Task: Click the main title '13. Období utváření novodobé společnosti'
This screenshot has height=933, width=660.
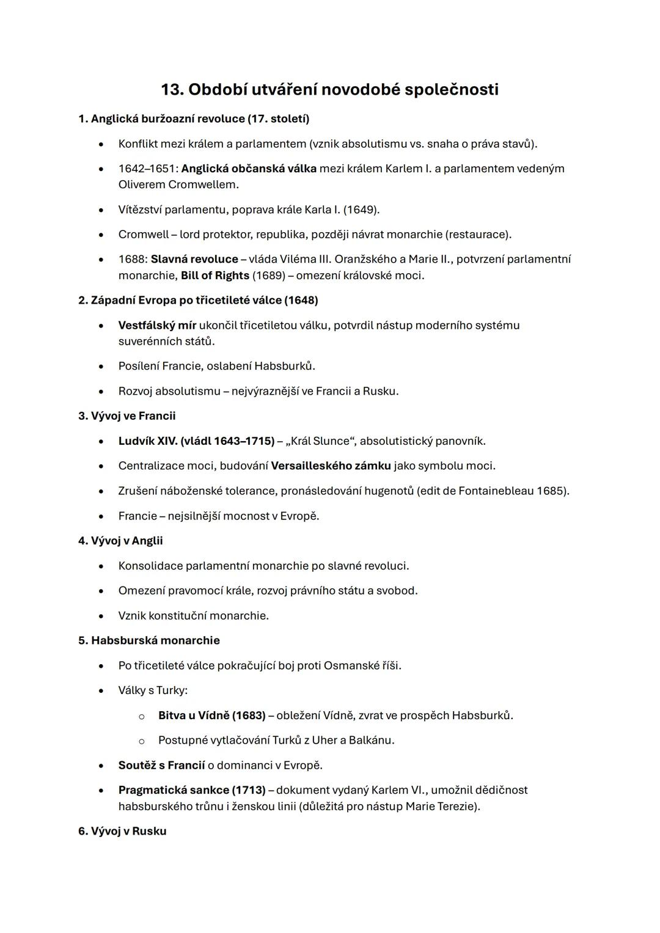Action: coord(329,89)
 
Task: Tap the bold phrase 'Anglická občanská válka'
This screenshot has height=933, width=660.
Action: coord(249,168)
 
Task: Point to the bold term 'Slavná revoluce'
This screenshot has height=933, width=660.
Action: coord(194,259)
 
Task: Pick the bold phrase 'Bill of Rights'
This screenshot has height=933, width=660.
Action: coord(215,276)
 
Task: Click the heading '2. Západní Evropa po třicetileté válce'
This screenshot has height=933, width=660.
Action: coord(198,300)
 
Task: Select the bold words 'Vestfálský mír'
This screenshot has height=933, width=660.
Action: coord(157,325)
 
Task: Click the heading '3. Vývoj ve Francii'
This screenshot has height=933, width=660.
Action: coord(127,416)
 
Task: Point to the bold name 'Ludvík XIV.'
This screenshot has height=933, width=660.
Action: coord(147,441)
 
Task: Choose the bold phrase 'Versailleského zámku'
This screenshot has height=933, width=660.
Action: coord(331,466)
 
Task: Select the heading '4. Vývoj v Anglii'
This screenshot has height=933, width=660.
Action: coord(120,541)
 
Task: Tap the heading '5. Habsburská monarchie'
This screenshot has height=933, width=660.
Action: coord(149,640)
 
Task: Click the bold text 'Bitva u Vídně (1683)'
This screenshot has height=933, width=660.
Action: coord(211,715)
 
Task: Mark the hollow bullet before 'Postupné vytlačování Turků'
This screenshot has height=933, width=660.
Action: coord(141,741)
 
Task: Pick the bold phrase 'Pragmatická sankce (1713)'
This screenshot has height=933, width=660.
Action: coord(192,790)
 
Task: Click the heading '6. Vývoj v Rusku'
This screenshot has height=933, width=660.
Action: coord(122,831)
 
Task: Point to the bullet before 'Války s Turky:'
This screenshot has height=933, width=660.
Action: coord(101,691)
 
